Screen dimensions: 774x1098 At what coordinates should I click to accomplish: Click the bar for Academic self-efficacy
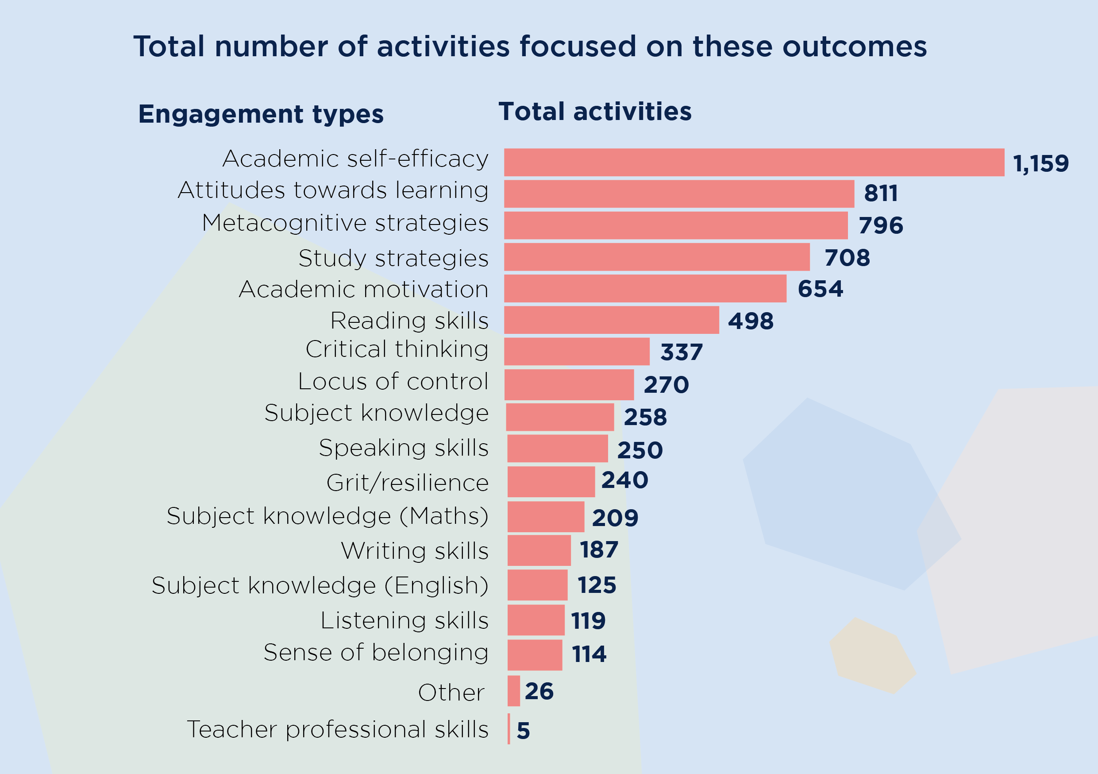[754, 162]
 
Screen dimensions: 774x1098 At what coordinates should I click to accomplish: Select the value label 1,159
[1040, 163]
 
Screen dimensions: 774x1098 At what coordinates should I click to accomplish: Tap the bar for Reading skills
[611, 320]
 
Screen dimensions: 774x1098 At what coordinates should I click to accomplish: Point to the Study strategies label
[393, 258]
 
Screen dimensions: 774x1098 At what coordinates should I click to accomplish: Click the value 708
[847, 258]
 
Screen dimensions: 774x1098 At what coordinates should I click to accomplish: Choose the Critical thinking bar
[577, 352]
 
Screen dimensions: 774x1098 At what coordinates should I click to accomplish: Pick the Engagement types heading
[261, 114]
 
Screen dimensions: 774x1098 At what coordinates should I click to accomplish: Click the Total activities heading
[595, 112]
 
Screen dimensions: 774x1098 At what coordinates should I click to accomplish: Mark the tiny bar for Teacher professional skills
[509, 729]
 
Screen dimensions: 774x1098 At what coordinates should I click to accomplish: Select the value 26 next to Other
[539, 691]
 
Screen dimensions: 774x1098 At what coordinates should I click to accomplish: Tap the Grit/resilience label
[408, 483]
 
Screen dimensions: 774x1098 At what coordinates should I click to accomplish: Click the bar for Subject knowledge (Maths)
[546, 517]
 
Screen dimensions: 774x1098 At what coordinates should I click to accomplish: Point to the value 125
[597, 585]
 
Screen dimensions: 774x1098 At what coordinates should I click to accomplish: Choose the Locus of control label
[393, 382]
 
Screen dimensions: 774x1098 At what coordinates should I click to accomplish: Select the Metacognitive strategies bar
[676, 225]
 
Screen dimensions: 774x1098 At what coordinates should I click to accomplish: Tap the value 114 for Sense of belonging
[589, 654]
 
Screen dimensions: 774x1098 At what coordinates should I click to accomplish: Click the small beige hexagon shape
[872, 656]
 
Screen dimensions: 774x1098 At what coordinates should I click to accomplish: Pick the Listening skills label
[404, 620]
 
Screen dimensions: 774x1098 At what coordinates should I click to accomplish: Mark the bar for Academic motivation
[645, 288]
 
